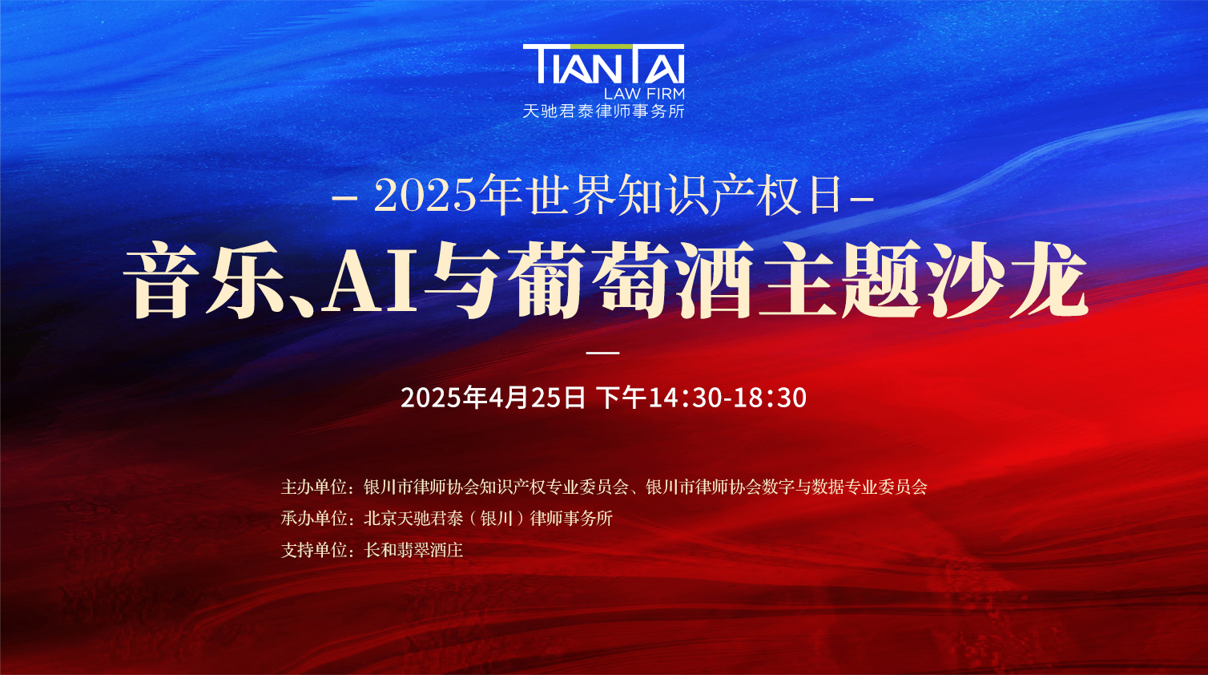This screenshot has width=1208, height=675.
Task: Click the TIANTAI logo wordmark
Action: click(603, 64)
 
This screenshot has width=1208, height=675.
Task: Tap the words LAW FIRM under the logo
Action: click(644, 93)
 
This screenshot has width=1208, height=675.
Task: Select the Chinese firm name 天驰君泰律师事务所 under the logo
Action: click(603, 111)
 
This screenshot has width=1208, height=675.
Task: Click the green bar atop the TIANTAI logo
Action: click(602, 46)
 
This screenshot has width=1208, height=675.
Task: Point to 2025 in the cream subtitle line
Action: click(425, 196)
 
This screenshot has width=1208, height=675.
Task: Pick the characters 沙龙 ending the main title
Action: click(1006, 279)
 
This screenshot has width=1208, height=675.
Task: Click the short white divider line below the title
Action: click(603, 353)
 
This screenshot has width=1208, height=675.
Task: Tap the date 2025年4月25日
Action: click(493, 398)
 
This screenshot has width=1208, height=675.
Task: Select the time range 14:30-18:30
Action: click(727, 398)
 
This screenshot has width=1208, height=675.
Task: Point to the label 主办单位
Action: click(312, 487)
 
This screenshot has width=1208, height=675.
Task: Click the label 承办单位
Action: click(312, 519)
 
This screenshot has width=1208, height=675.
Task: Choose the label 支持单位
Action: click(312, 551)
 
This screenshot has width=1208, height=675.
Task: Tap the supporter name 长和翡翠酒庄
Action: click(413, 551)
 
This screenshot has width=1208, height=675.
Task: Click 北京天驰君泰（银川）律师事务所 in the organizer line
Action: click(489, 519)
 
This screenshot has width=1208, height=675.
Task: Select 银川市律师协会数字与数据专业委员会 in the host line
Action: click(787, 487)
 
